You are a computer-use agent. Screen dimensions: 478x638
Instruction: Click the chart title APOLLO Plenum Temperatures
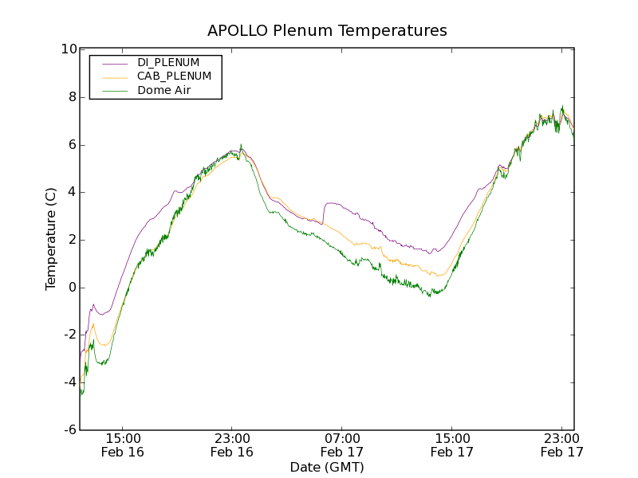click(327, 31)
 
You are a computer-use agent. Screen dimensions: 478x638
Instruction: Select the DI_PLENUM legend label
click(168, 62)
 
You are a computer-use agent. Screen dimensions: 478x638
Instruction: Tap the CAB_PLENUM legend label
click(174, 76)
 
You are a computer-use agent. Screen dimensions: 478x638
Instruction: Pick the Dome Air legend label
click(164, 91)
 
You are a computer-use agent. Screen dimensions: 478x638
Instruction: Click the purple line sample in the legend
click(109, 62)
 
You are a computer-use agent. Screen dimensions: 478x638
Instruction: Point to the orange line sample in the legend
click(109, 76)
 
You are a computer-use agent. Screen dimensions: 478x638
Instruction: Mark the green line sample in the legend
click(109, 91)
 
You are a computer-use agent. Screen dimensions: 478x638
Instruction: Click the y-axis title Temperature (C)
click(51, 239)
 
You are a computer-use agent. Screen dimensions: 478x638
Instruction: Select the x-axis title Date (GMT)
click(327, 467)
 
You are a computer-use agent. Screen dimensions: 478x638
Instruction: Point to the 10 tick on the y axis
click(69, 49)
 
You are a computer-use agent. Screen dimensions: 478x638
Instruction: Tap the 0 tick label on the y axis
click(73, 288)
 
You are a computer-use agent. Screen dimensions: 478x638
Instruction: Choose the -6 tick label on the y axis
click(69, 430)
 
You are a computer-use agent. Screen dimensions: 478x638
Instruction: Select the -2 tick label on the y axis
click(69, 335)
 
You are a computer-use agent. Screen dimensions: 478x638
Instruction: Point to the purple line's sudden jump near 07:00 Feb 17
click(323, 212)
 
